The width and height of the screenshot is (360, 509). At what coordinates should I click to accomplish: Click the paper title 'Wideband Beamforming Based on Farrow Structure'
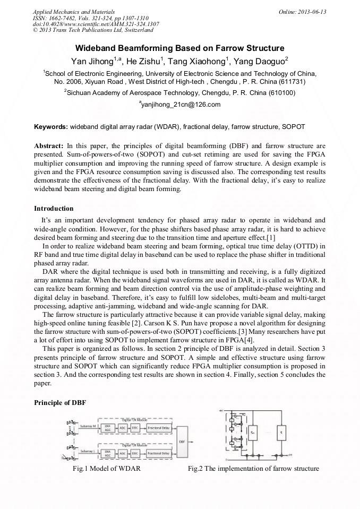pos(179,48)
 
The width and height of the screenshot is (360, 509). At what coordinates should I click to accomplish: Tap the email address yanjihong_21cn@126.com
pos(181,105)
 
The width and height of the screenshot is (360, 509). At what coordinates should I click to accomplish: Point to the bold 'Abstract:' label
pos(49,145)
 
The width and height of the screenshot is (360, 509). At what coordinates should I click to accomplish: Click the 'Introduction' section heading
pos(54,208)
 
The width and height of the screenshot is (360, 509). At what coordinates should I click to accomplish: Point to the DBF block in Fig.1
pos(182,440)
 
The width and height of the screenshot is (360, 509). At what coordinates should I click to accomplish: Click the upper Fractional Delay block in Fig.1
pos(158,427)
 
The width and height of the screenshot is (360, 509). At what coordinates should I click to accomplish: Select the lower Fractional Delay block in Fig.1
pos(158,453)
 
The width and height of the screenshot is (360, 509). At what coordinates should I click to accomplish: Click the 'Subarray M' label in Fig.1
pos(88,426)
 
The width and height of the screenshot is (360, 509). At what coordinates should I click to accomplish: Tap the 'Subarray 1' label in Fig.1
pos(87,452)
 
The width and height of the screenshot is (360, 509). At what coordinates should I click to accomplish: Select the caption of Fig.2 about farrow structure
pos(253,469)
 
